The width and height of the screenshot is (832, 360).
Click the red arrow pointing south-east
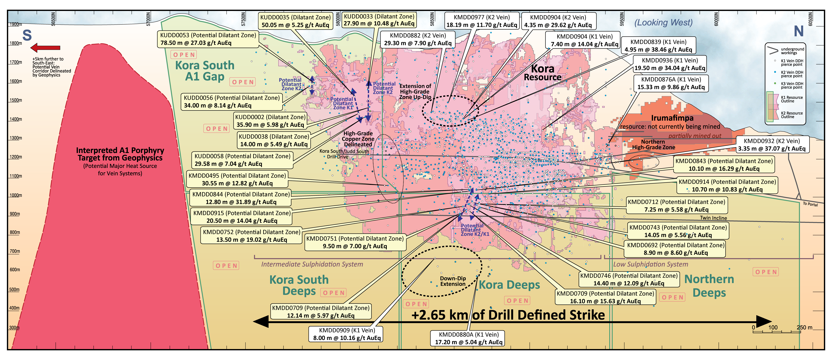[x=45, y=48]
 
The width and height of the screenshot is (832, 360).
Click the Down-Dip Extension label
[x=453, y=281]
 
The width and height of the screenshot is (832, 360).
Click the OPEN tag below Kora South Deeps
[x=333, y=293]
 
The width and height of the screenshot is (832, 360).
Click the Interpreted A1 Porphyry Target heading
[x=120, y=154]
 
